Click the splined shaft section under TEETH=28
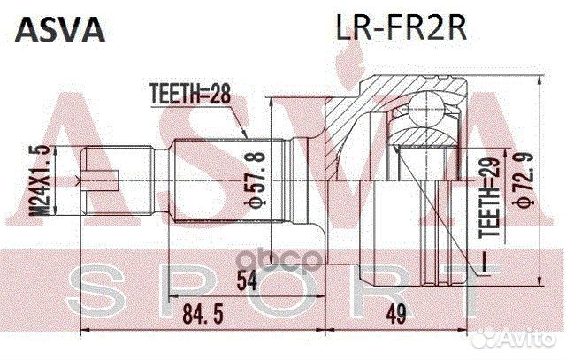pyautogui.click(x=212, y=181)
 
